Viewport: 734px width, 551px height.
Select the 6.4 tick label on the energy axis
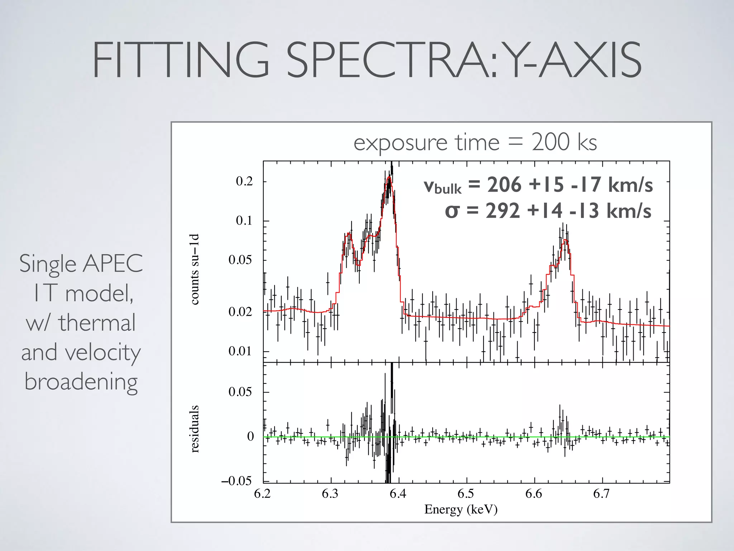click(398, 494)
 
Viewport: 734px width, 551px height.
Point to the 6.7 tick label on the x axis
click(601, 494)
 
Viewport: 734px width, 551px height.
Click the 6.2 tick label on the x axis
click(262, 494)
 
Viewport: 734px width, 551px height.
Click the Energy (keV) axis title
click(461, 509)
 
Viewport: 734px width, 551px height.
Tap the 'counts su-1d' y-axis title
click(194, 269)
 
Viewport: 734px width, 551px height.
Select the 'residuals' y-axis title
click(194, 429)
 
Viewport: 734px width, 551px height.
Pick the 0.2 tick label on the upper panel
click(244, 181)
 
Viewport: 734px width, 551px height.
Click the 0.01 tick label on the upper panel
click(240, 351)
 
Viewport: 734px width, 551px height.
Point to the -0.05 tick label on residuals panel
click(237, 481)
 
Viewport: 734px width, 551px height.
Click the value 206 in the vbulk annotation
click(504, 185)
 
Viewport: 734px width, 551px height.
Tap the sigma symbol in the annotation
click(452, 211)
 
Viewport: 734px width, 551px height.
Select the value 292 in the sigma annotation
click(502, 211)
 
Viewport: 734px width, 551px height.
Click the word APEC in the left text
click(113, 264)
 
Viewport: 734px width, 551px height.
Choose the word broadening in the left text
click(81, 381)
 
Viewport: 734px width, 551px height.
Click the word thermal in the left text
click(97, 322)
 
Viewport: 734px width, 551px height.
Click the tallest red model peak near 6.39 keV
click(389, 177)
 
